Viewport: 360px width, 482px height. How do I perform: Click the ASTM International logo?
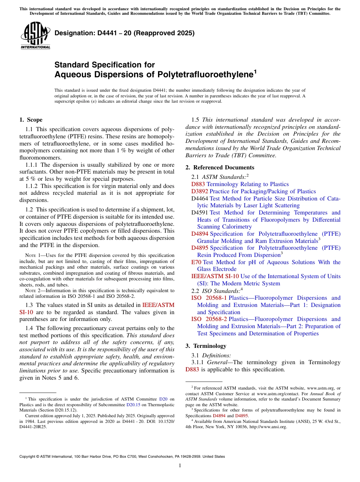[35, 36]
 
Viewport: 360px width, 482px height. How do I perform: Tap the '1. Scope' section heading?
[31, 120]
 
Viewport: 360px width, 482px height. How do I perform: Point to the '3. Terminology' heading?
[206, 346]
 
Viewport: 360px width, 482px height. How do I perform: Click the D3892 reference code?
[200, 191]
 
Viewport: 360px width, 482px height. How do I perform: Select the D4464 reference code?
[200, 199]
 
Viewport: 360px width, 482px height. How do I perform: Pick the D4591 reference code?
[200, 213]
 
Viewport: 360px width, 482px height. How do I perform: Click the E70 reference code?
[196, 262]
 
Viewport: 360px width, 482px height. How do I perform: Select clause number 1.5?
[196, 120]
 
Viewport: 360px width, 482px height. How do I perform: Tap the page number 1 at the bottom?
[180, 466]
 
